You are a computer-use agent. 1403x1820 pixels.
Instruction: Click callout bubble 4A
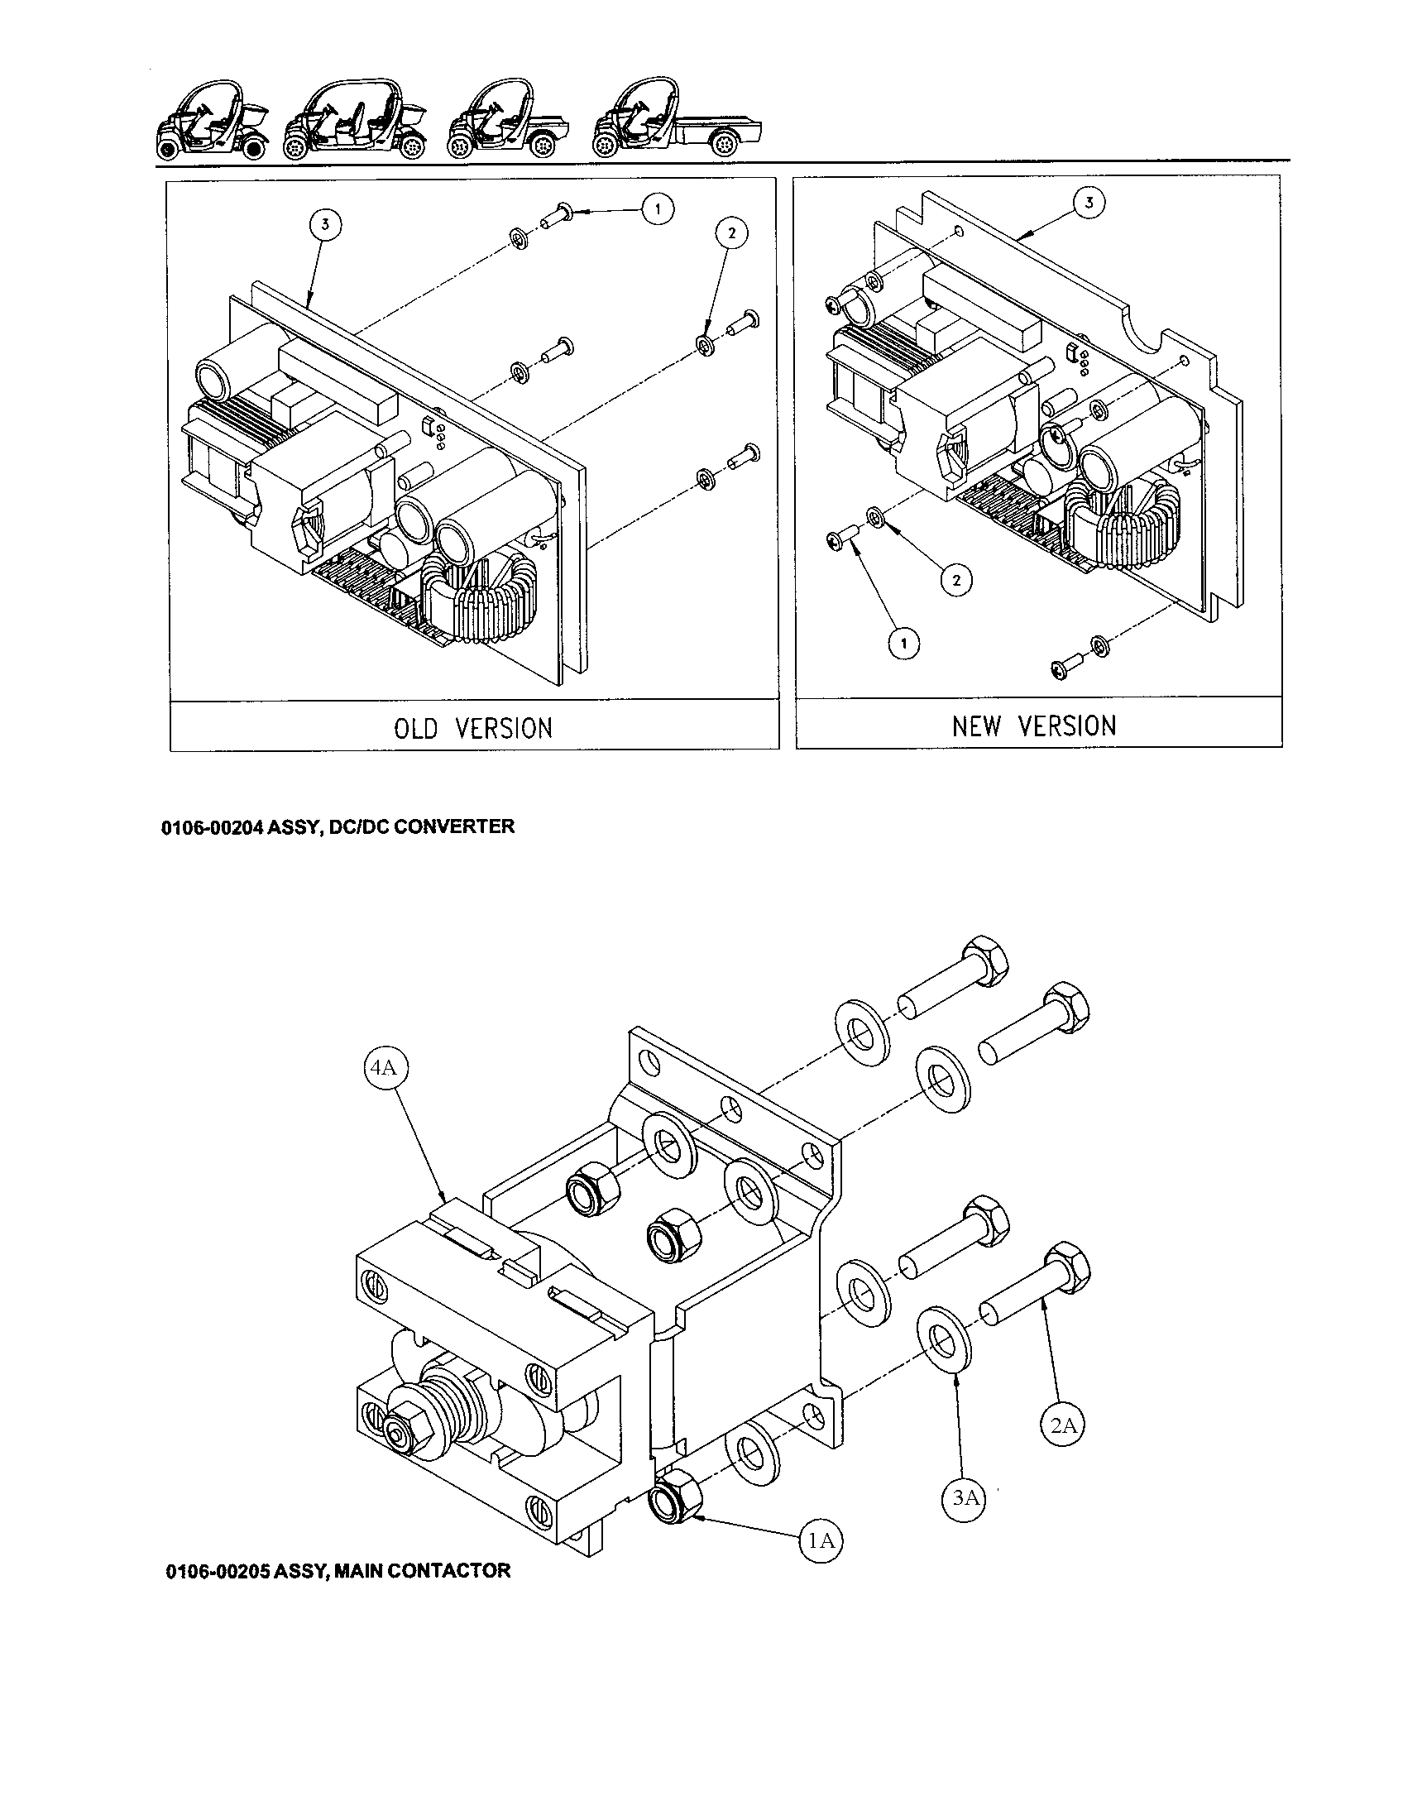click(384, 1067)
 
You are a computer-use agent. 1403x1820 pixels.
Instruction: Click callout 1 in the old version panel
click(658, 209)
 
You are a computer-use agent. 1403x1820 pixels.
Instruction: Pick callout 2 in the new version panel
click(956, 580)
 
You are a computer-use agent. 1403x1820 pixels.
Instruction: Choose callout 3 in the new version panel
click(1089, 202)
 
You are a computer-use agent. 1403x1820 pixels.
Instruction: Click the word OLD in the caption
click(415, 728)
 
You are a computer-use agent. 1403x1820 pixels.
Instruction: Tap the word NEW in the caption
click(976, 726)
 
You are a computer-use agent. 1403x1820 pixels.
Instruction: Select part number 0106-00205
click(218, 1571)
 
